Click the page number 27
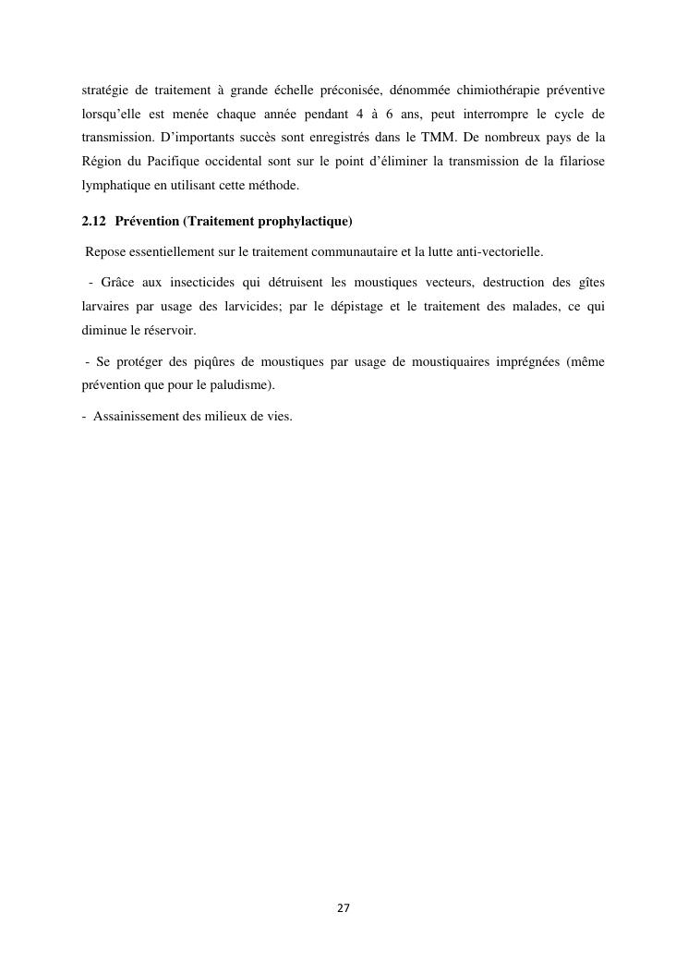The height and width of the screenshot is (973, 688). (x=344, y=908)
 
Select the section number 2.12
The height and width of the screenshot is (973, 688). (x=94, y=223)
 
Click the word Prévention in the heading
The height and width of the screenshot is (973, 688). (x=148, y=223)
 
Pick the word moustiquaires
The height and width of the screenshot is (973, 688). (x=455, y=362)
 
